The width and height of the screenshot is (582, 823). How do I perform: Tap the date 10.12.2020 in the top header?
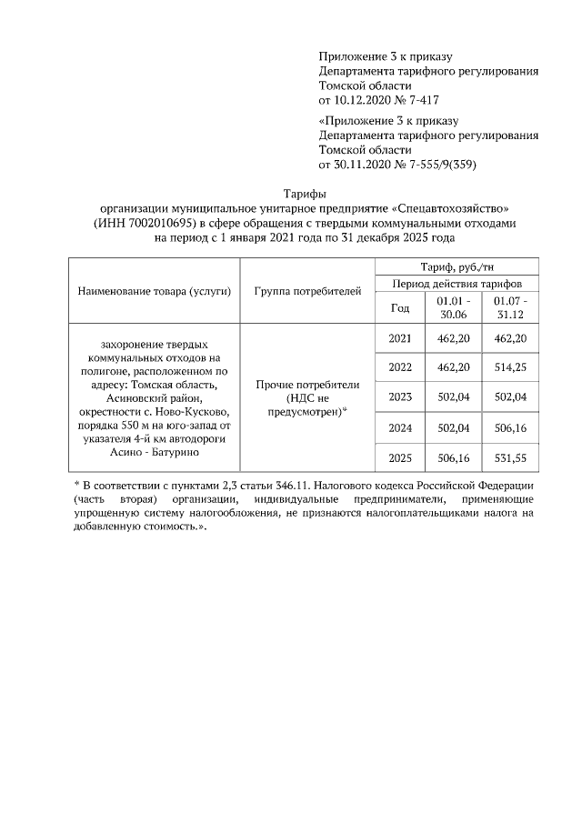pos(365,99)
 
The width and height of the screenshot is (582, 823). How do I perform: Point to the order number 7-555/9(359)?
pos(435,165)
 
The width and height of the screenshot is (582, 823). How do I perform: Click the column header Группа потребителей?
pos(307,291)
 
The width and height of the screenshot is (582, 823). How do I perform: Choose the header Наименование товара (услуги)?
pos(155,291)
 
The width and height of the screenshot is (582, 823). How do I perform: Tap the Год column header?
pos(399,307)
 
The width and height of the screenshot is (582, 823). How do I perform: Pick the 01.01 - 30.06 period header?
pos(453,307)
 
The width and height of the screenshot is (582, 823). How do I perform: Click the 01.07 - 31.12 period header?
pos(509,307)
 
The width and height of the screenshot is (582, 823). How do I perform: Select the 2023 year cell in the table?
pos(399,396)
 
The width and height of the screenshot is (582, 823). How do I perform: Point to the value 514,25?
pos(509,367)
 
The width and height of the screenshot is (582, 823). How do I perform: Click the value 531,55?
pos(509,457)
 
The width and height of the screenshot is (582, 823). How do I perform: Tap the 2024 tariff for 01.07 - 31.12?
pos(509,427)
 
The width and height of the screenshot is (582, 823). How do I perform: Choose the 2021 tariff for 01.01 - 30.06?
pos(453,338)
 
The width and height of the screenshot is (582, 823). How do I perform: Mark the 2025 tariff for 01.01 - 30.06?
pos(453,457)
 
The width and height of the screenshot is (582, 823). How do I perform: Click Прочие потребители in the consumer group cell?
pos(307,385)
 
